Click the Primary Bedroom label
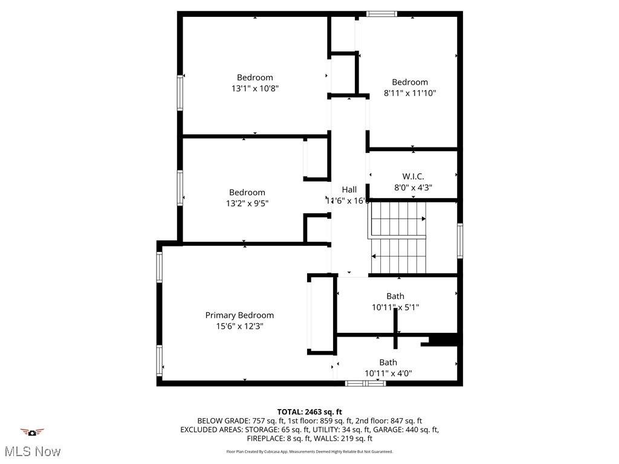click(x=239, y=315)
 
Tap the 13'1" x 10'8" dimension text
click(x=254, y=88)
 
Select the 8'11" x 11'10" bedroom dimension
click(x=410, y=93)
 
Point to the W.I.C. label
click(x=413, y=176)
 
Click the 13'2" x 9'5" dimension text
click(x=247, y=204)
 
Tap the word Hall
click(x=349, y=190)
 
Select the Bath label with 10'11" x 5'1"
click(x=395, y=296)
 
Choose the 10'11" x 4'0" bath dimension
click(x=388, y=373)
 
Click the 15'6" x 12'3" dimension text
click(x=239, y=326)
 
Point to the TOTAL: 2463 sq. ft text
click(x=309, y=412)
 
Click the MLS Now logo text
click(x=32, y=451)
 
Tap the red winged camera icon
click(x=32, y=432)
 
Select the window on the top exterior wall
click(x=382, y=13)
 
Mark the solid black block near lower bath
click(x=443, y=341)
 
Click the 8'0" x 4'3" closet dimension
click(x=413, y=188)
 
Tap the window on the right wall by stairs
click(x=460, y=241)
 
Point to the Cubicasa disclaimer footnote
click(x=309, y=451)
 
